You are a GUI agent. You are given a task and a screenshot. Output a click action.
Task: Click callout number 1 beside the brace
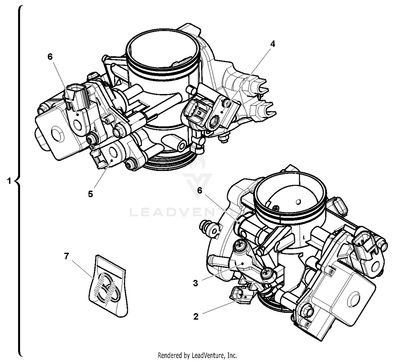coord(9,181)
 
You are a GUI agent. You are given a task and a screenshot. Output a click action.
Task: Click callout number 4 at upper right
coord(273,44)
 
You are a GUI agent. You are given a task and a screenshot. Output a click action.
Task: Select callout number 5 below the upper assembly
coord(90,194)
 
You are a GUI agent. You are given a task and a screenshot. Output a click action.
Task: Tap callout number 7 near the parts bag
coord(66,256)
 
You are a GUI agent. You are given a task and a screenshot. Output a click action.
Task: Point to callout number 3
coord(195,283)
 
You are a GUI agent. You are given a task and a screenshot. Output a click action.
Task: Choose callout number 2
coord(196,317)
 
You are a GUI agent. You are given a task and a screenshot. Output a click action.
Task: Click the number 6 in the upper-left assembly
coord(50,57)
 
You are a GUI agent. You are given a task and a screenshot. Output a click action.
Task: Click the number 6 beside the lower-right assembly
coord(200,190)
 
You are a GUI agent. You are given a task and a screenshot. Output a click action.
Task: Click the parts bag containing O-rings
coord(108,287)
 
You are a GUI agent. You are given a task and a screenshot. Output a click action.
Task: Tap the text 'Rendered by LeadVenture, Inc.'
coord(197,355)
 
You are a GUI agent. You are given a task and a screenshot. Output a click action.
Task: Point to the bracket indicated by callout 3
coord(242,263)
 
